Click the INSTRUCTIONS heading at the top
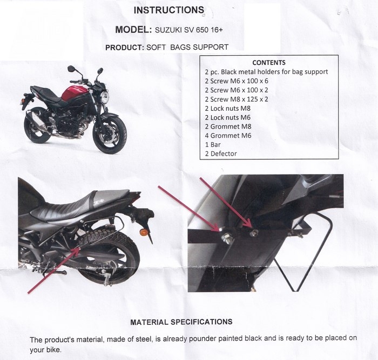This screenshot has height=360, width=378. [x=168, y=10]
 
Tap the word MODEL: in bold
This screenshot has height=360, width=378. [x=133, y=30]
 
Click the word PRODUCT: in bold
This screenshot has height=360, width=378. [x=125, y=47]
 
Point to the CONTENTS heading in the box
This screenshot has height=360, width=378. [x=269, y=63]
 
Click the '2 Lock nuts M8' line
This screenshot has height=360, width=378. [x=228, y=108]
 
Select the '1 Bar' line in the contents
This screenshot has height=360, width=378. [x=213, y=144]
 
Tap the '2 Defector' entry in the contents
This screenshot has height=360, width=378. [x=221, y=154]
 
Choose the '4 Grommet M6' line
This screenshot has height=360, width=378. [x=228, y=136]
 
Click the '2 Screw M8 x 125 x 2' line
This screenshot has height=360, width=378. [x=237, y=99]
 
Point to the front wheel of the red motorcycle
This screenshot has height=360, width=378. [x=110, y=134]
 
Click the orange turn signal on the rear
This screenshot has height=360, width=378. [x=144, y=232]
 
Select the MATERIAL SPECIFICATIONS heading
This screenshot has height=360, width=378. [x=181, y=322]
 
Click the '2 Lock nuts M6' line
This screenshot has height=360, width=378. [x=228, y=117]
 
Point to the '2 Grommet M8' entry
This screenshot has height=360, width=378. [x=228, y=126]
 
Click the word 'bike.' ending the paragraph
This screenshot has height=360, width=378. [x=54, y=350]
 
